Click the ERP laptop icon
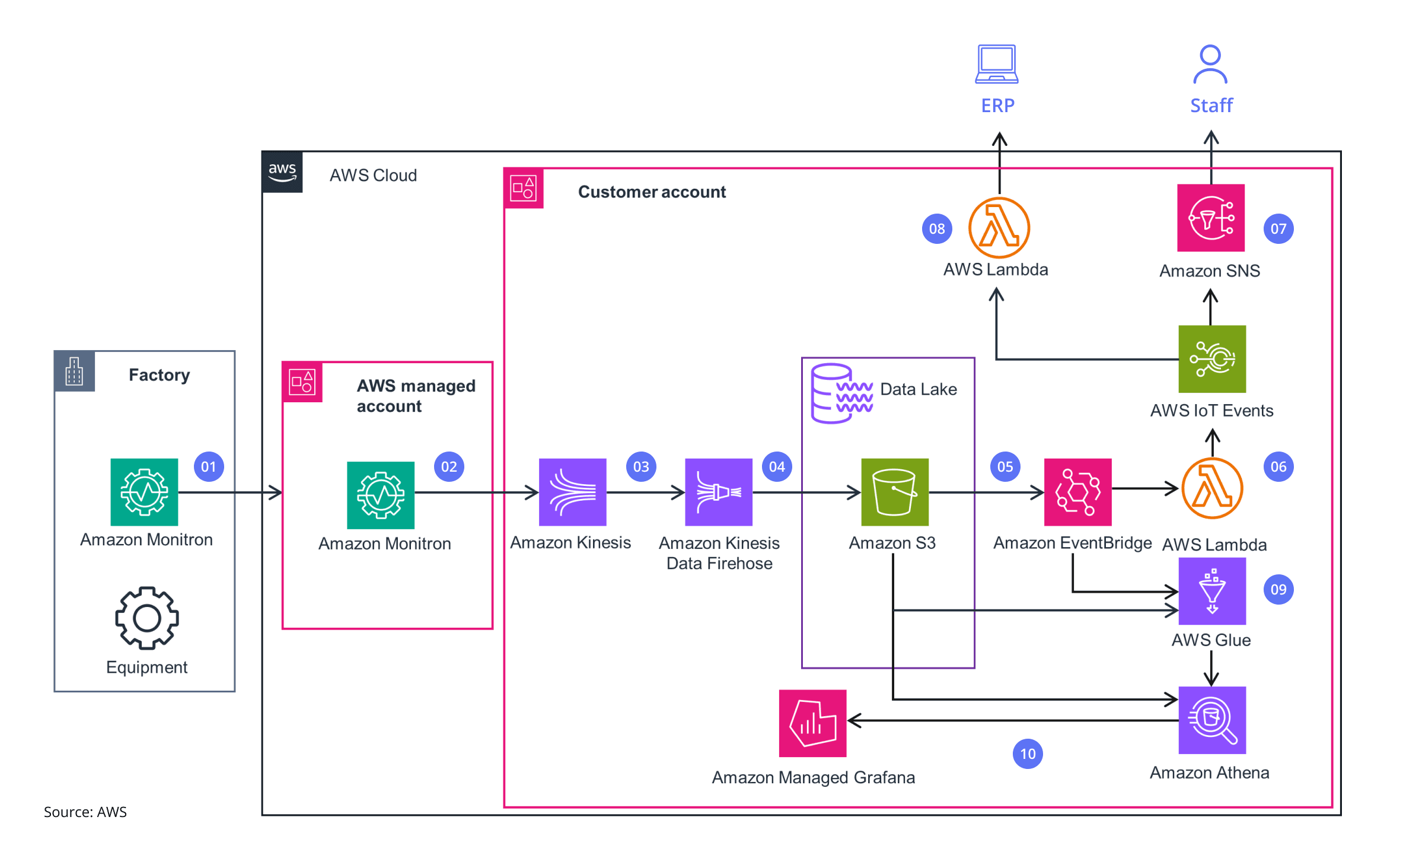point(997,64)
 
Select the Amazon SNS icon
point(1210,218)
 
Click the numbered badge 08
point(937,229)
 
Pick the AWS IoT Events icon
point(1211,359)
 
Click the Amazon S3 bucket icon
point(894,492)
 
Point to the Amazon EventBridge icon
point(1077,492)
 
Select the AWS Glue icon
point(1211,591)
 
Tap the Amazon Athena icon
point(1211,720)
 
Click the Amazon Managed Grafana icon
point(812,723)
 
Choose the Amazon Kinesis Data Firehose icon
point(718,492)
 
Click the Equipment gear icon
point(146,618)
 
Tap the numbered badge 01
point(209,467)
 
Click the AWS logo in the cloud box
point(282,172)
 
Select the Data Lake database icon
point(841,393)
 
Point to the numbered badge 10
point(1028,754)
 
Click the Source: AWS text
point(85,812)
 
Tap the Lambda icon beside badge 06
point(1211,488)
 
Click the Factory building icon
point(75,371)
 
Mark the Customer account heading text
point(651,192)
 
